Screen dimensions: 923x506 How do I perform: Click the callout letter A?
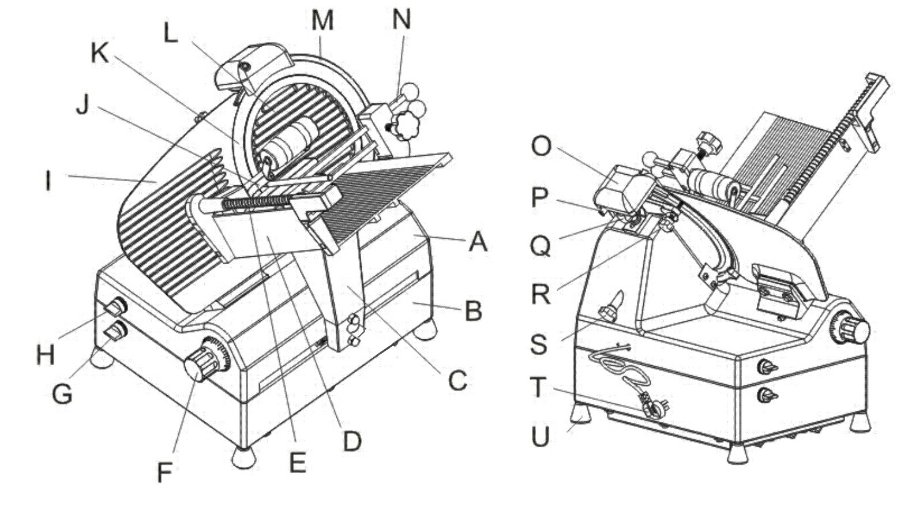(478, 242)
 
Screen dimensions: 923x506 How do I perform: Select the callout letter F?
(165, 472)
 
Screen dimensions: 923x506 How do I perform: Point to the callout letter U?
(540, 436)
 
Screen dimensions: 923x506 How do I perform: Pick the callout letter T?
(539, 388)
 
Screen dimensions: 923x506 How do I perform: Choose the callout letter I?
(48, 181)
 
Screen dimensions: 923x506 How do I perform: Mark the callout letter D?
(352, 442)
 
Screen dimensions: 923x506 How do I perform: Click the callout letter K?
(100, 53)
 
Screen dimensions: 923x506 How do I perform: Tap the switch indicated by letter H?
(115, 306)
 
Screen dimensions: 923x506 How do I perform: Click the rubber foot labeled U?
(581, 413)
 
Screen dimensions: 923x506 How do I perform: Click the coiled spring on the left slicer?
(256, 202)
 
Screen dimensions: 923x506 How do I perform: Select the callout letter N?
(402, 20)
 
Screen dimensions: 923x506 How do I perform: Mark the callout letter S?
(539, 344)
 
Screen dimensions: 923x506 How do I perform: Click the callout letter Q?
(540, 247)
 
